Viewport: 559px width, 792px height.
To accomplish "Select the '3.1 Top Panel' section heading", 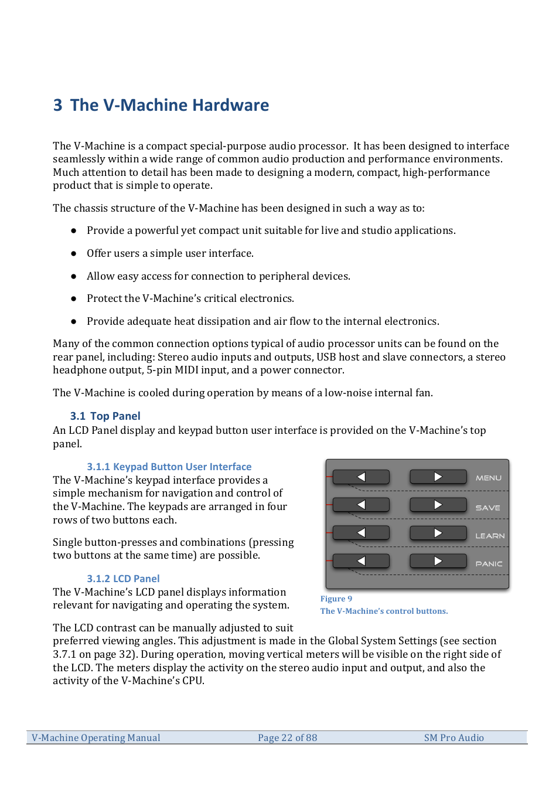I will [x=105, y=416].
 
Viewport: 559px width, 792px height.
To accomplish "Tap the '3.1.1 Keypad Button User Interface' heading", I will [x=169, y=467].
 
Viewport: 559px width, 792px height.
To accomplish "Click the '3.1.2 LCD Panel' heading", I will [x=123, y=579].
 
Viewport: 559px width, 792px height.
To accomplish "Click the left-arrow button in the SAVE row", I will [x=361, y=505].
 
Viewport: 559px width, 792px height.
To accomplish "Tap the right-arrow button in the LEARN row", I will [x=438, y=533].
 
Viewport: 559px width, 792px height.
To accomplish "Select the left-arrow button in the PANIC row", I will [x=361, y=561].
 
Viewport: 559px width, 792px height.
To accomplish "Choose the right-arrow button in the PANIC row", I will [x=438, y=561].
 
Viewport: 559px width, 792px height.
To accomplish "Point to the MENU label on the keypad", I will [x=489, y=478].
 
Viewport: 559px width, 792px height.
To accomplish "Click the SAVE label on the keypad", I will [x=488, y=508].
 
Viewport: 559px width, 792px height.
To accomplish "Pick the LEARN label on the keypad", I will [x=490, y=536].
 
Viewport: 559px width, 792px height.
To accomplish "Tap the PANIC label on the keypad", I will [x=489, y=564].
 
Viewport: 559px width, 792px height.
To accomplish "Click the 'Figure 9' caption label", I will [x=336, y=599].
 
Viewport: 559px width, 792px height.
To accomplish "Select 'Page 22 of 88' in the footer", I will [x=287, y=737].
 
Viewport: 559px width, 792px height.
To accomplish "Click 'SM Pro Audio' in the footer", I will [x=454, y=737].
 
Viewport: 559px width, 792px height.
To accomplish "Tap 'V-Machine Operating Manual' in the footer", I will [x=96, y=737].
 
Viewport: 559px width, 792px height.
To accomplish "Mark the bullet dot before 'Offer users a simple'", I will [x=74, y=254].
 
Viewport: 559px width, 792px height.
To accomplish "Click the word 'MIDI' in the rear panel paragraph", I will [x=187, y=370].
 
